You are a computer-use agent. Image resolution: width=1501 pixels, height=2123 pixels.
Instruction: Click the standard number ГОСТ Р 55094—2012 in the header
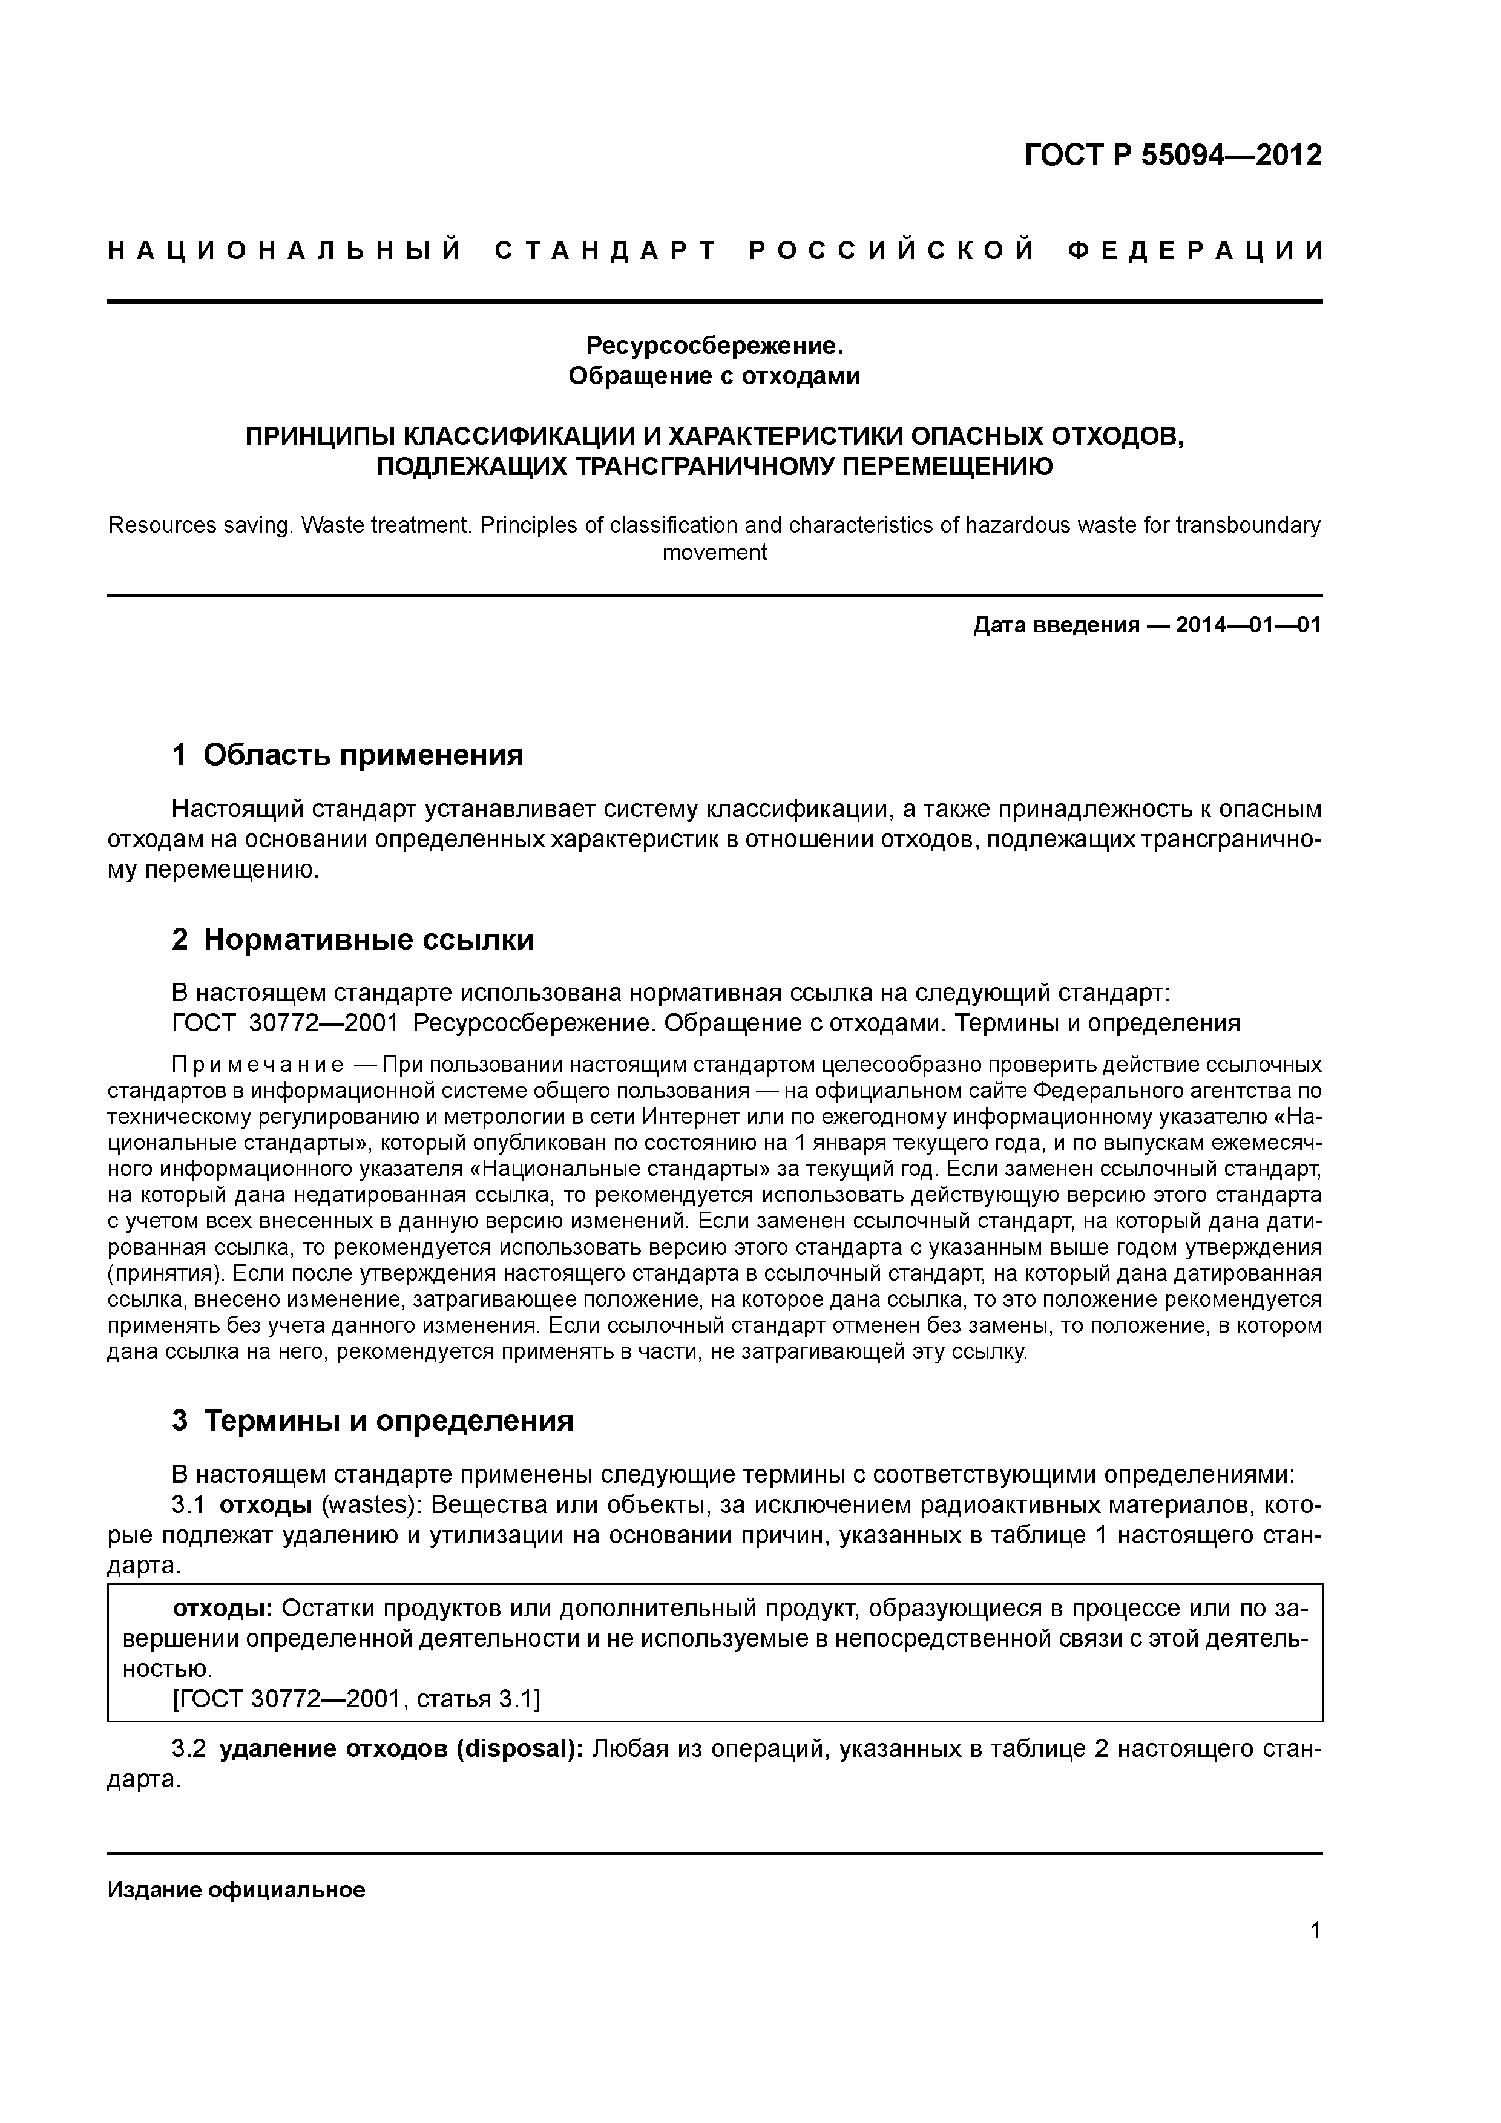pyautogui.click(x=1173, y=156)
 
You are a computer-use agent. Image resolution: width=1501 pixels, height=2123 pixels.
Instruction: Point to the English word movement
pyautogui.click(x=715, y=553)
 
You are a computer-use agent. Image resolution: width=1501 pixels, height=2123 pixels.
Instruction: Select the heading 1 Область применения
pyautogui.click(x=348, y=755)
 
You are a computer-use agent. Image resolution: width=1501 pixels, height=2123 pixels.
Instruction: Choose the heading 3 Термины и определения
pyautogui.click(x=373, y=1420)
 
